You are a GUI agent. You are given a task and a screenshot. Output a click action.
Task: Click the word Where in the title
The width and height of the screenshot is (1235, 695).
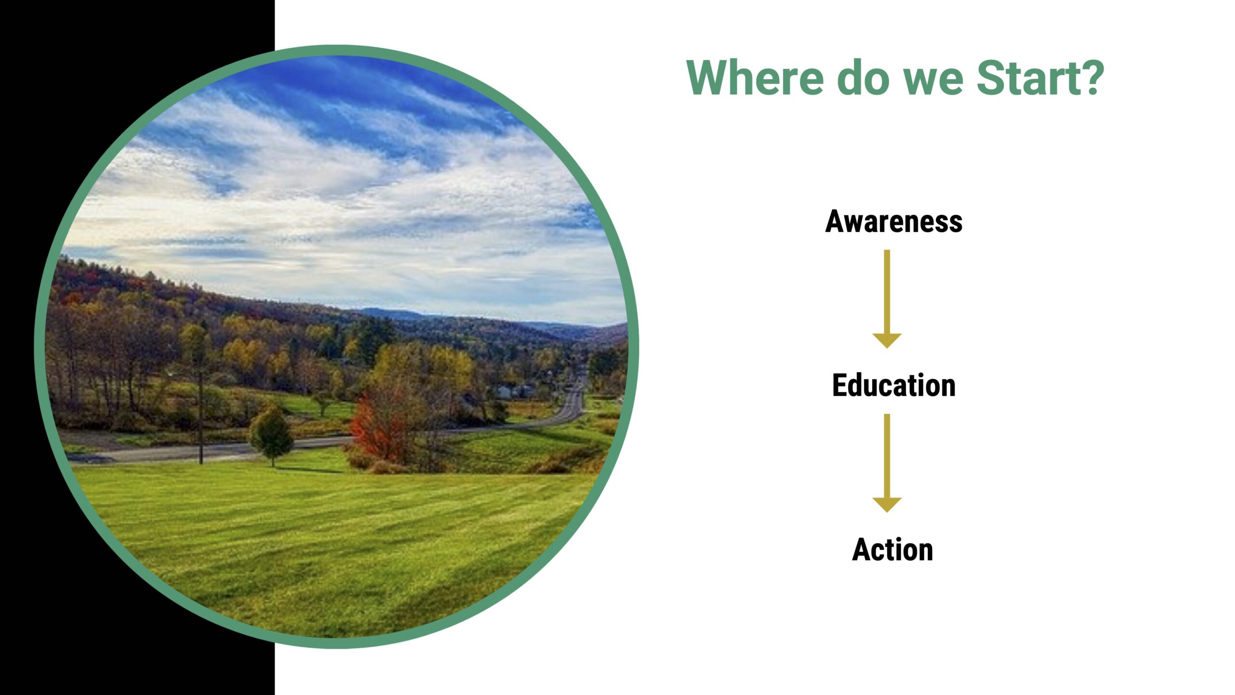pos(755,78)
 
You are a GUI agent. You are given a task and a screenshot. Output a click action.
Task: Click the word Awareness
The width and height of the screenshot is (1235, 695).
pos(893,222)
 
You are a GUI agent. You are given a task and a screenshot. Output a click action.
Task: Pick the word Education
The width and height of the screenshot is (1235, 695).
pos(893,385)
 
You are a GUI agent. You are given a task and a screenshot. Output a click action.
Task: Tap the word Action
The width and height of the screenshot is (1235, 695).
pos(892,549)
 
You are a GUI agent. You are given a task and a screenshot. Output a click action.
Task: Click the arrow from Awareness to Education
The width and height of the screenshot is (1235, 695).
pos(887,299)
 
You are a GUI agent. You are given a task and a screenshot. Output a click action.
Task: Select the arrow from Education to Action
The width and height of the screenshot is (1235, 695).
pos(887,463)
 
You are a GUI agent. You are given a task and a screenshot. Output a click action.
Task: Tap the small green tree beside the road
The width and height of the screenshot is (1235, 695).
pos(271,434)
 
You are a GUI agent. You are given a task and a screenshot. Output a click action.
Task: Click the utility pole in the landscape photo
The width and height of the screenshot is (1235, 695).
pos(201,410)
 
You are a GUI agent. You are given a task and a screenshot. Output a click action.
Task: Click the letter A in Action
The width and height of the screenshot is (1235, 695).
pos(861,549)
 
